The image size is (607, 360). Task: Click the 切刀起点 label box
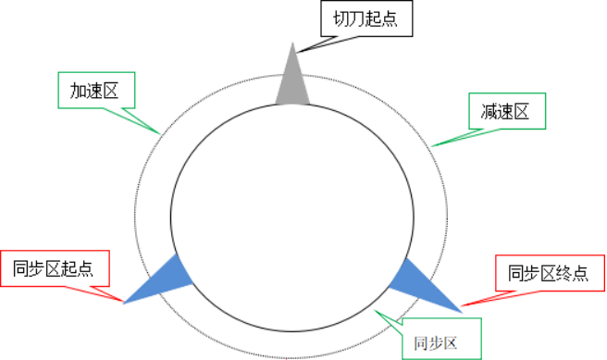click(365, 19)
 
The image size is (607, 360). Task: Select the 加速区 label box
click(95, 90)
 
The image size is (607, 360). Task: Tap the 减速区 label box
click(504, 113)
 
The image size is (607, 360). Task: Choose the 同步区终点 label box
click(547, 274)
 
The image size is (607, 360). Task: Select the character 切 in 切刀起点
click(341, 19)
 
